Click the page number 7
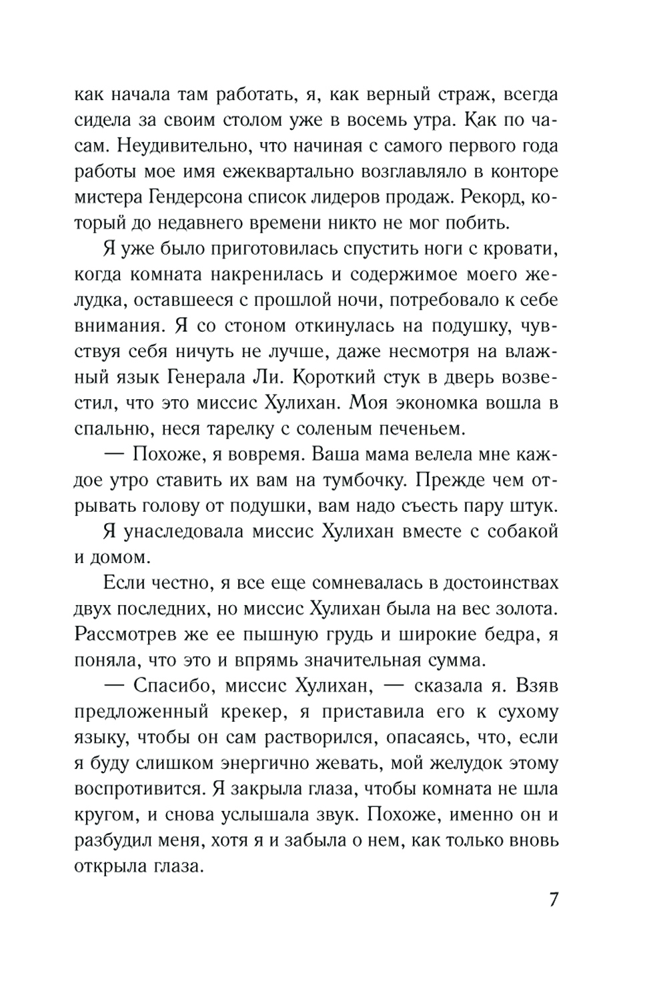click(x=553, y=899)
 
